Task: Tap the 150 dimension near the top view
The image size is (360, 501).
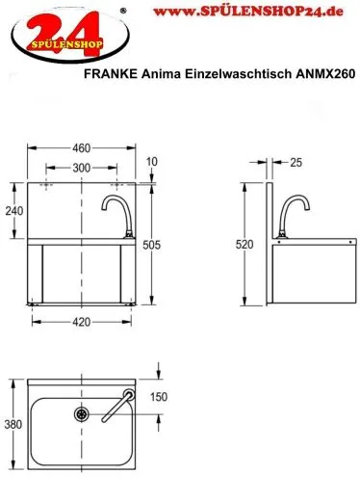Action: point(160,396)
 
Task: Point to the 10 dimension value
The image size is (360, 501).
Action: point(154,160)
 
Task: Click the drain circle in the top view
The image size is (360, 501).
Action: point(82,415)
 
